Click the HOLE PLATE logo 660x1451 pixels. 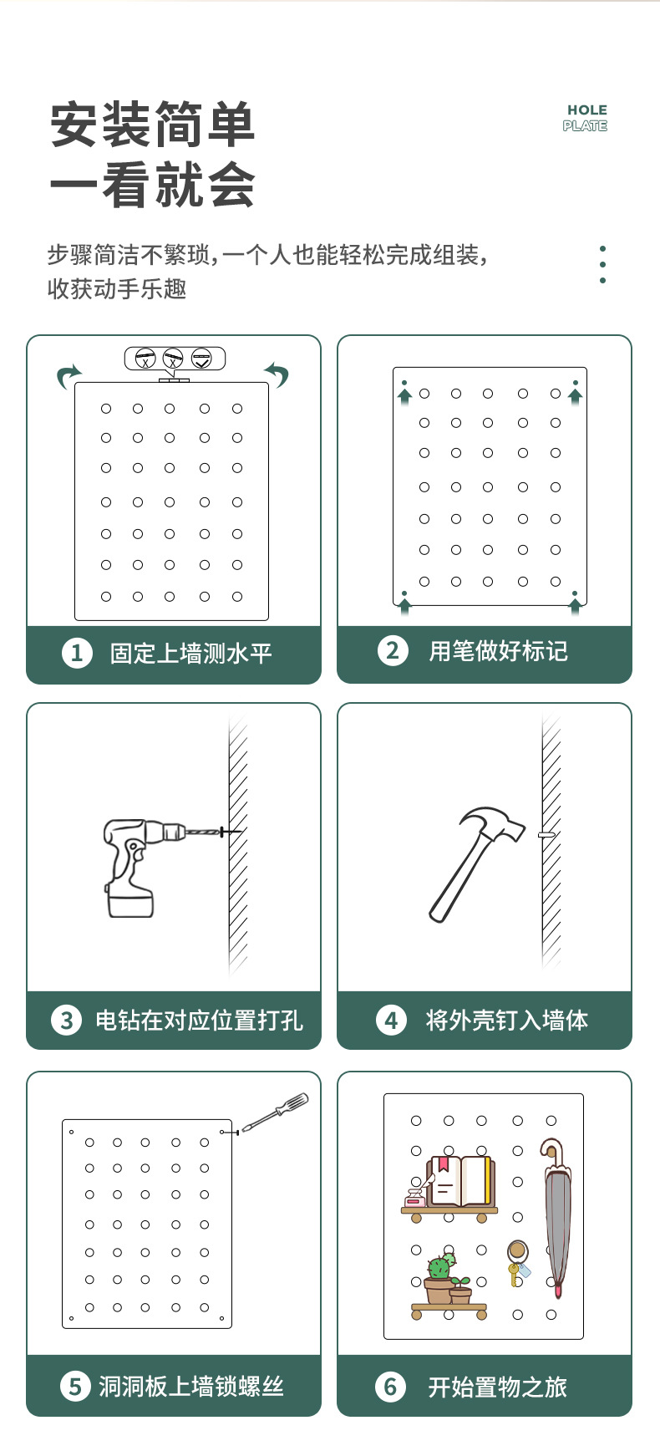tap(586, 118)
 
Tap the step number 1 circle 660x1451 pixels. tap(77, 653)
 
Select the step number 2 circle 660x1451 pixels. tap(393, 650)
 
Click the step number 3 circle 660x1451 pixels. tap(67, 1020)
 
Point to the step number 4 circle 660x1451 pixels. tap(391, 1020)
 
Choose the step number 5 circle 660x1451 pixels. tap(75, 1387)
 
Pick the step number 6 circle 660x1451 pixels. tap(390, 1387)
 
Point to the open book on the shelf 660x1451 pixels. tap(459, 1180)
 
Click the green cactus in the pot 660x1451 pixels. tap(439, 1268)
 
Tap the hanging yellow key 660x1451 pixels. tap(514, 1273)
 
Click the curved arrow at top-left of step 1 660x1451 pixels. tap(69, 376)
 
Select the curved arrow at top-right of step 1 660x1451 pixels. tap(277, 374)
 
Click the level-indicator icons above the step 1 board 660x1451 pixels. tap(174, 359)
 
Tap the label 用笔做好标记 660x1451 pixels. tap(498, 651)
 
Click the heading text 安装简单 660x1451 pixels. tap(152, 125)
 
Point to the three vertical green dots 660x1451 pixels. tap(602, 264)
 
